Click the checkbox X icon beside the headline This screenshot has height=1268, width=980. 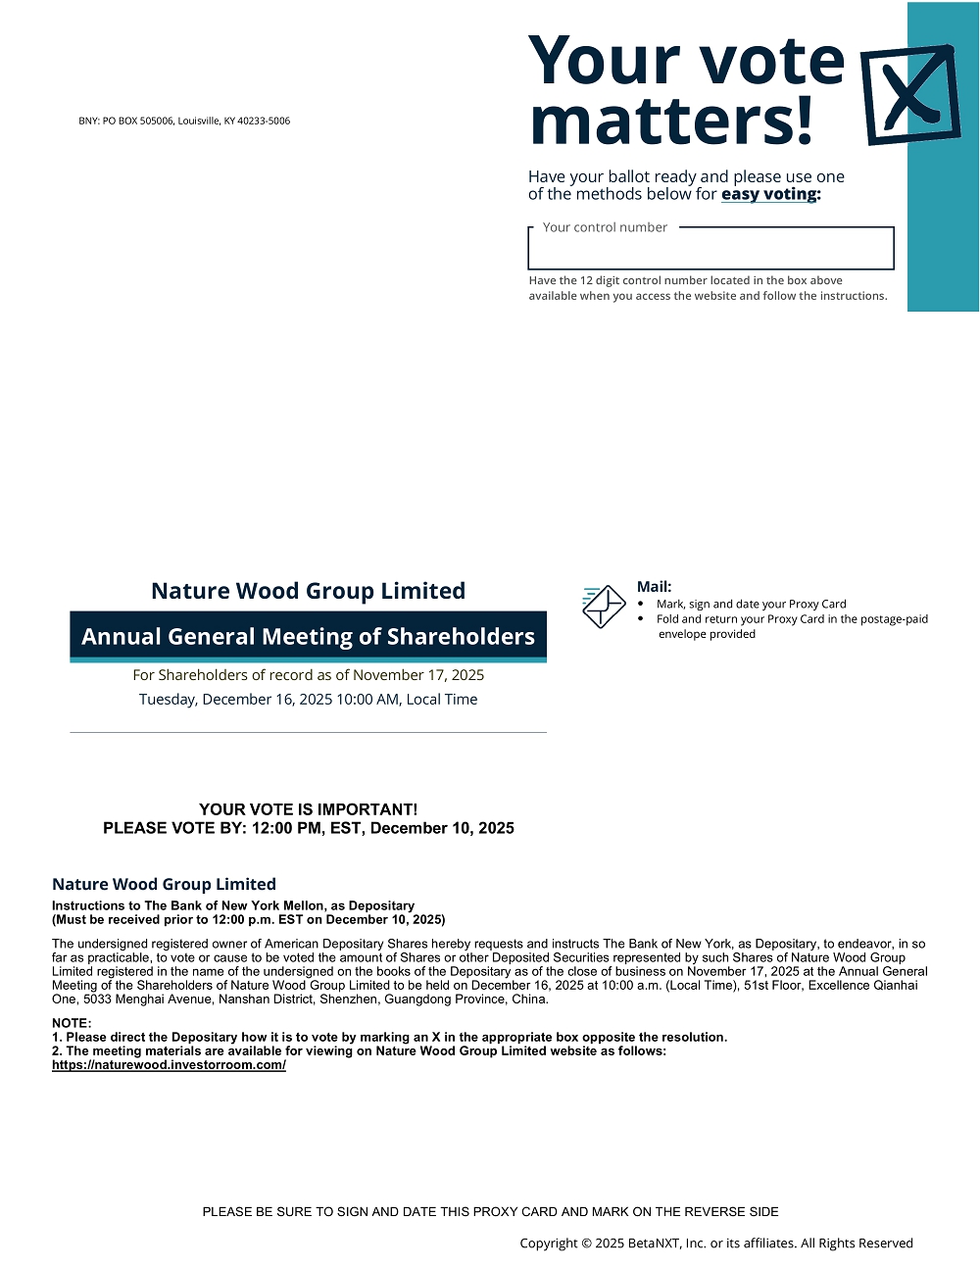[910, 94]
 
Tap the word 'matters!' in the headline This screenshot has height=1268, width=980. [671, 122]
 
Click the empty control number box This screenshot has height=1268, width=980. [710, 251]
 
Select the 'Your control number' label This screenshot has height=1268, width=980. [605, 227]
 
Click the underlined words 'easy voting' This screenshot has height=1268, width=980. [769, 194]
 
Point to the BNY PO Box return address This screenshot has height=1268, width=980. [184, 122]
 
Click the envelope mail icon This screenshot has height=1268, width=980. [604, 607]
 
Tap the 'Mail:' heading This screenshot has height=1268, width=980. [654, 587]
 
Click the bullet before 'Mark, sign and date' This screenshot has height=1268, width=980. [641, 605]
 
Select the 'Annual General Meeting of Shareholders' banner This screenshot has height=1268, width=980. [308, 637]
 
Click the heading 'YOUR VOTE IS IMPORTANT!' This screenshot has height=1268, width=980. [308, 809]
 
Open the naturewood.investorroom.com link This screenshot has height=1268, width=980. [169, 1065]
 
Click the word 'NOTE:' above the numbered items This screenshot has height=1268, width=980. [72, 1023]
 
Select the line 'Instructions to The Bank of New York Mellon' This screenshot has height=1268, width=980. [233, 905]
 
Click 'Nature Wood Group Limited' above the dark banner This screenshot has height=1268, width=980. [308, 591]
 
